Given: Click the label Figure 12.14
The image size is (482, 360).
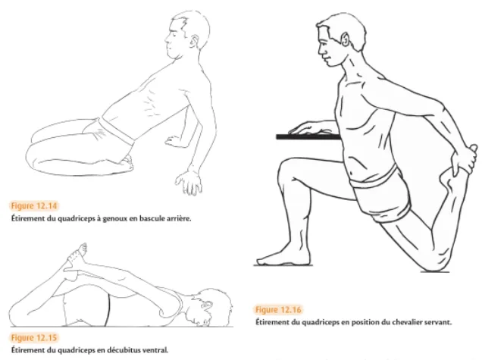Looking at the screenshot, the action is [x=34, y=205].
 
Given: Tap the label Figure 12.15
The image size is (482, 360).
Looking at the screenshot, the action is [x=34, y=338].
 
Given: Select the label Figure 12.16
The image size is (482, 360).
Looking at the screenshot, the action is [x=278, y=309].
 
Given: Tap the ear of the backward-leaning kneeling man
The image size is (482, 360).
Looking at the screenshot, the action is [x=194, y=41].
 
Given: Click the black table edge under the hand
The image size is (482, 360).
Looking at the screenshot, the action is [x=308, y=137].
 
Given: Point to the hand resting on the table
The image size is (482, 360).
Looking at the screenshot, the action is [x=311, y=128].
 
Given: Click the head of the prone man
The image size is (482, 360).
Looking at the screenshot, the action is [x=209, y=308].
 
